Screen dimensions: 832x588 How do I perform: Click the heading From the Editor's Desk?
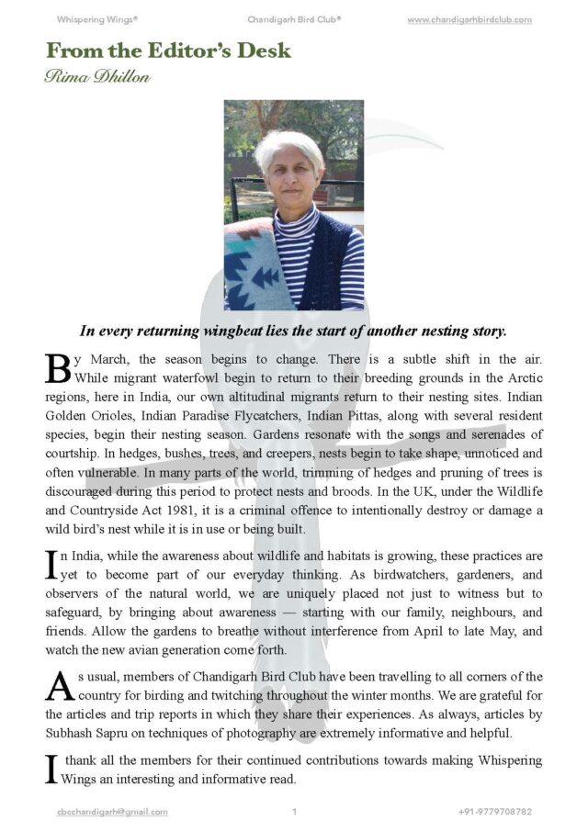pyautogui.click(x=168, y=51)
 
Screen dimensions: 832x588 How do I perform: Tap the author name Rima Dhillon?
pyautogui.click(x=96, y=75)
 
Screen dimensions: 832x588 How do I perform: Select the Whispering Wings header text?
pyautogui.click(x=96, y=19)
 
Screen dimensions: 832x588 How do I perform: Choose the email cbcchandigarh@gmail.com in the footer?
pyautogui.click(x=111, y=812)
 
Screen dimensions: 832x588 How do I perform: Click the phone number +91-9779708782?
pyautogui.click(x=494, y=812)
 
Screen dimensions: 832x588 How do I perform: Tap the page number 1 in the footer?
pyautogui.click(x=294, y=812)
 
